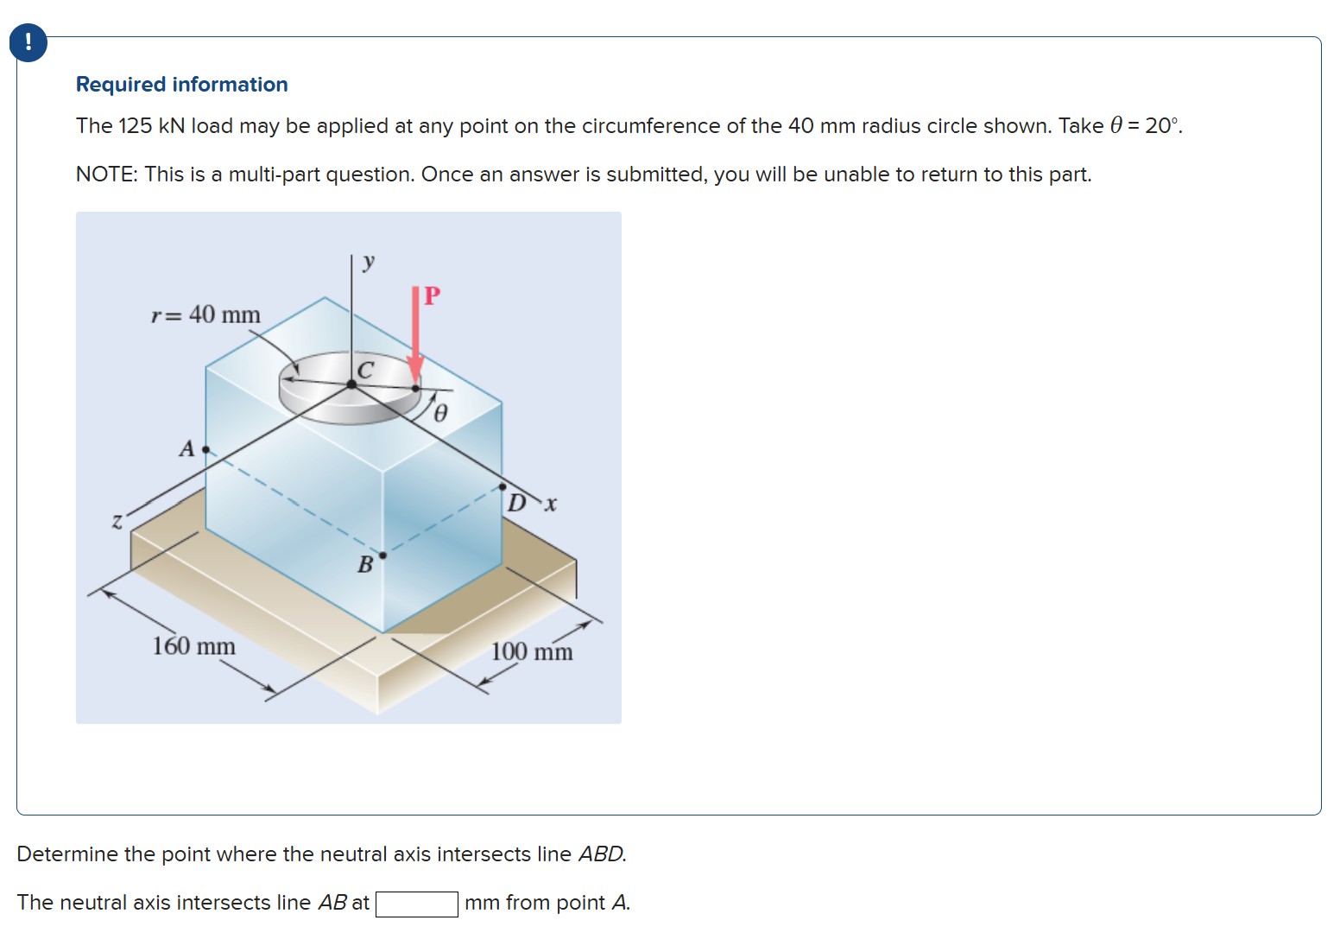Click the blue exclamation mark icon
(x=28, y=43)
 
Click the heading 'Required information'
(x=182, y=85)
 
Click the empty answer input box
(x=416, y=904)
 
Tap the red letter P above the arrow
(x=432, y=295)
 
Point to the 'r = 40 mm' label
(x=205, y=314)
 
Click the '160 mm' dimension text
(x=193, y=646)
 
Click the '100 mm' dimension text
(x=532, y=651)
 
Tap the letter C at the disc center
(x=365, y=370)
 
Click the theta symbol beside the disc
(x=440, y=413)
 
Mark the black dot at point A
(x=205, y=449)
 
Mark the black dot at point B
(x=382, y=555)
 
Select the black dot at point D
(x=502, y=487)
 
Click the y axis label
(x=369, y=262)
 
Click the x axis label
(x=550, y=504)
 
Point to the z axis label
(x=117, y=522)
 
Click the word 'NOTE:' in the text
(x=107, y=175)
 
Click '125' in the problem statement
(x=136, y=125)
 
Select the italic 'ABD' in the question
(x=602, y=854)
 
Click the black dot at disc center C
(x=351, y=384)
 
